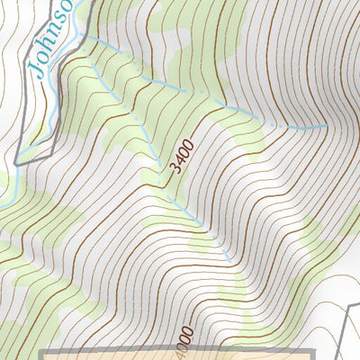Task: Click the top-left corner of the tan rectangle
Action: coord(43,349)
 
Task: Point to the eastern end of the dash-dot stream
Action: coord(326,127)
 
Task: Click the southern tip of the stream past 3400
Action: coord(231,262)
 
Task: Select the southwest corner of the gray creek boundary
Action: coord(19,163)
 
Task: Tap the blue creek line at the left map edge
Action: coord(2,203)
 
